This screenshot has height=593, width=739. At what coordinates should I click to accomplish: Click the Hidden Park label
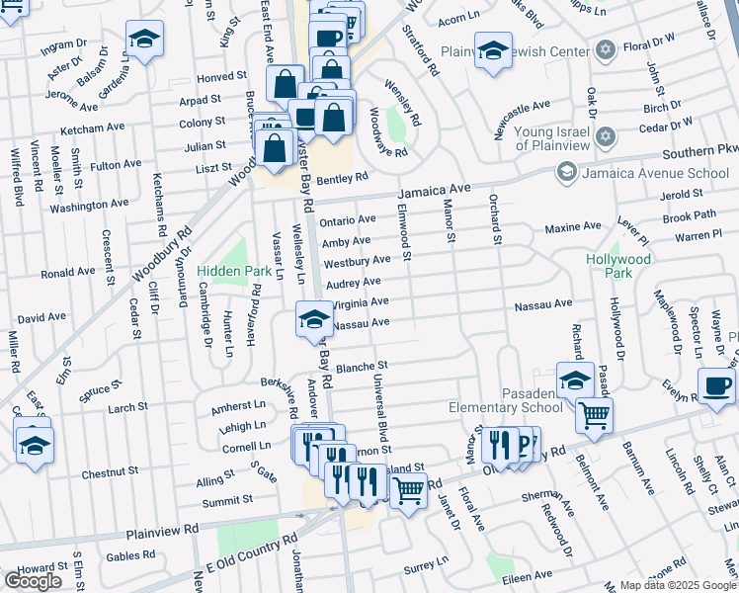[234, 270]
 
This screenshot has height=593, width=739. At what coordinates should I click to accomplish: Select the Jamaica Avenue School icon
[566, 173]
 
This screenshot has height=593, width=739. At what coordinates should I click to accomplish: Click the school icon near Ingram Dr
[144, 40]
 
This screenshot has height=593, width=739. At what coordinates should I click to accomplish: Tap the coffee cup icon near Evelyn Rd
[716, 385]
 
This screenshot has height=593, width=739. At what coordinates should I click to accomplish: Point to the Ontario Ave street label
[347, 219]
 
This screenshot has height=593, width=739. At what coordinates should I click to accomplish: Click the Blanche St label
[359, 368]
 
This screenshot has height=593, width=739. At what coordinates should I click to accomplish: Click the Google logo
[33, 581]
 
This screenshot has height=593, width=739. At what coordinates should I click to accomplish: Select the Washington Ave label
[89, 206]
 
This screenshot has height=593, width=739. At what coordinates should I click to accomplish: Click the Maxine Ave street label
[572, 228]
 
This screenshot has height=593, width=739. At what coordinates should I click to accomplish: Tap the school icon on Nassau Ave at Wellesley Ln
[314, 319]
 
